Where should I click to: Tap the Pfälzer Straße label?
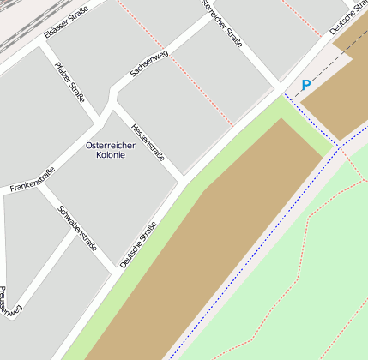coord(70,81)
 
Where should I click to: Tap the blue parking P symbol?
coord(305,86)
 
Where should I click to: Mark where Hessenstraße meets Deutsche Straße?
coord(184,180)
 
